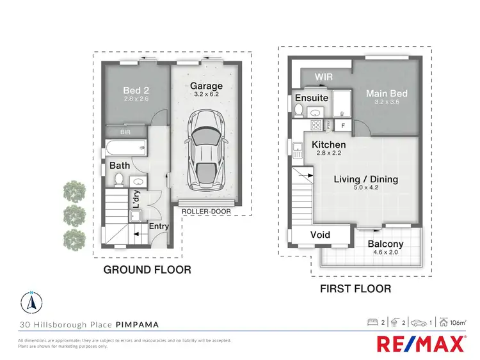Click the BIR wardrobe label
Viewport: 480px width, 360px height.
pyautogui.click(x=125, y=132)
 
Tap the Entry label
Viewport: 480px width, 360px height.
pyautogui.click(x=159, y=226)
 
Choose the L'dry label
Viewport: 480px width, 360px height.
pyautogui.click(x=136, y=197)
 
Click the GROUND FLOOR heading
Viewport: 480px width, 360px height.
pyautogui.click(x=147, y=270)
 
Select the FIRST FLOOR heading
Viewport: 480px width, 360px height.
pyautogui.click(x=356, y=289)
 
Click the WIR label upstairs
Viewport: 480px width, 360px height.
pyautogui.click(x=323, y=77)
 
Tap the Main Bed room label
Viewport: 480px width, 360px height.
pyautogui.click(x=387, y=94)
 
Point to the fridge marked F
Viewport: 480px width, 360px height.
pyautogui.click(x=342, y=125)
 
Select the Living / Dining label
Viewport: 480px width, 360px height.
pyautogui.click(x=366, y=180)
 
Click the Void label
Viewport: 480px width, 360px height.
pyautogui.click(x=320, y=235)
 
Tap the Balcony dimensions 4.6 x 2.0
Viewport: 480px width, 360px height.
pyautogui.click(x=386, y=254)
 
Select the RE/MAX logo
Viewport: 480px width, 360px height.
pyautogui.click(x=420, y=345)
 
